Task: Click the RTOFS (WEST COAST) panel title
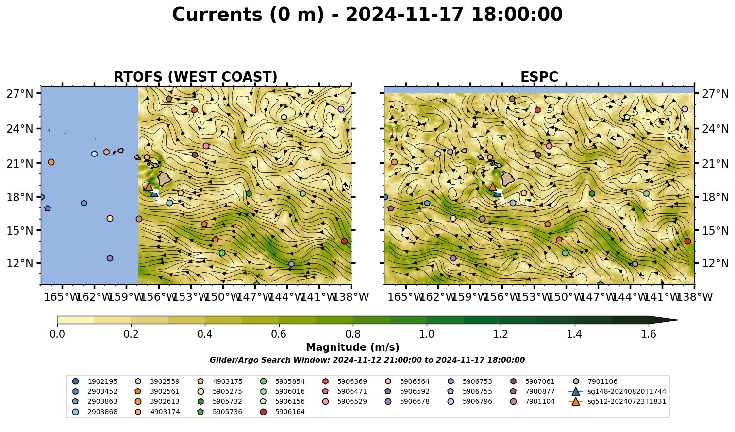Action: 196,77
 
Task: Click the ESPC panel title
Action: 539,77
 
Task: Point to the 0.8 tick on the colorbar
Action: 353,324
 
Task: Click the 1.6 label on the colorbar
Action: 649,334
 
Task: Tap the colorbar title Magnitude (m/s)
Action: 353,347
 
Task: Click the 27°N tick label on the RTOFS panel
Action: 20,94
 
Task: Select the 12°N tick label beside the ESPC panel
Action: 715,263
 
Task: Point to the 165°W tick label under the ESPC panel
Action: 404,297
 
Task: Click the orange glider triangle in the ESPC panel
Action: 493,187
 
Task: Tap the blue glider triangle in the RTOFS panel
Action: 154,194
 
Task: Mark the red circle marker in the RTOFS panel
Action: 344,241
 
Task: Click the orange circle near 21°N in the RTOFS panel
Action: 51,162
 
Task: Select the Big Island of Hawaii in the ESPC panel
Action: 508,178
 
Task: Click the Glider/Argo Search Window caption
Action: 367,360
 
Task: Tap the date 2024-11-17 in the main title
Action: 405,15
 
